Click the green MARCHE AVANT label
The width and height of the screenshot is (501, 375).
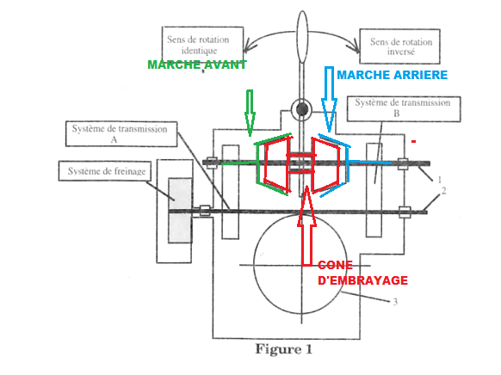coord(197,65)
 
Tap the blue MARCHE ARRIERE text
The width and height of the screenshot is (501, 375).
coord(392,75)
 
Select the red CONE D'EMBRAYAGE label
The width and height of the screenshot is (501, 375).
coord(362,273)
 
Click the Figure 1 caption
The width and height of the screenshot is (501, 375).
coord(283,349)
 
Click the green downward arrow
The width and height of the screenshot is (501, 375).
coord(250,113)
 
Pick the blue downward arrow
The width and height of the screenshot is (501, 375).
coord(329,99)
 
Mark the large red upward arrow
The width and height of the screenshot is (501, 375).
coord(306,225)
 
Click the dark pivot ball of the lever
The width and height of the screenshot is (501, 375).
coord(301,109)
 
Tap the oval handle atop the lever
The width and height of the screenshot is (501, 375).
coord(302,37)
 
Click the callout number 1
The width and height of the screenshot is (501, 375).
coord(439,180)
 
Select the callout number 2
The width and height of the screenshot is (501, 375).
coord(443,191)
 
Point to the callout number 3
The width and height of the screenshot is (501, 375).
coord(395,302)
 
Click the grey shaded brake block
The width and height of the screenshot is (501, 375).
coord(180,211)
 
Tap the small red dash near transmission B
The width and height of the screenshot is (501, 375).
coord(413,141)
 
